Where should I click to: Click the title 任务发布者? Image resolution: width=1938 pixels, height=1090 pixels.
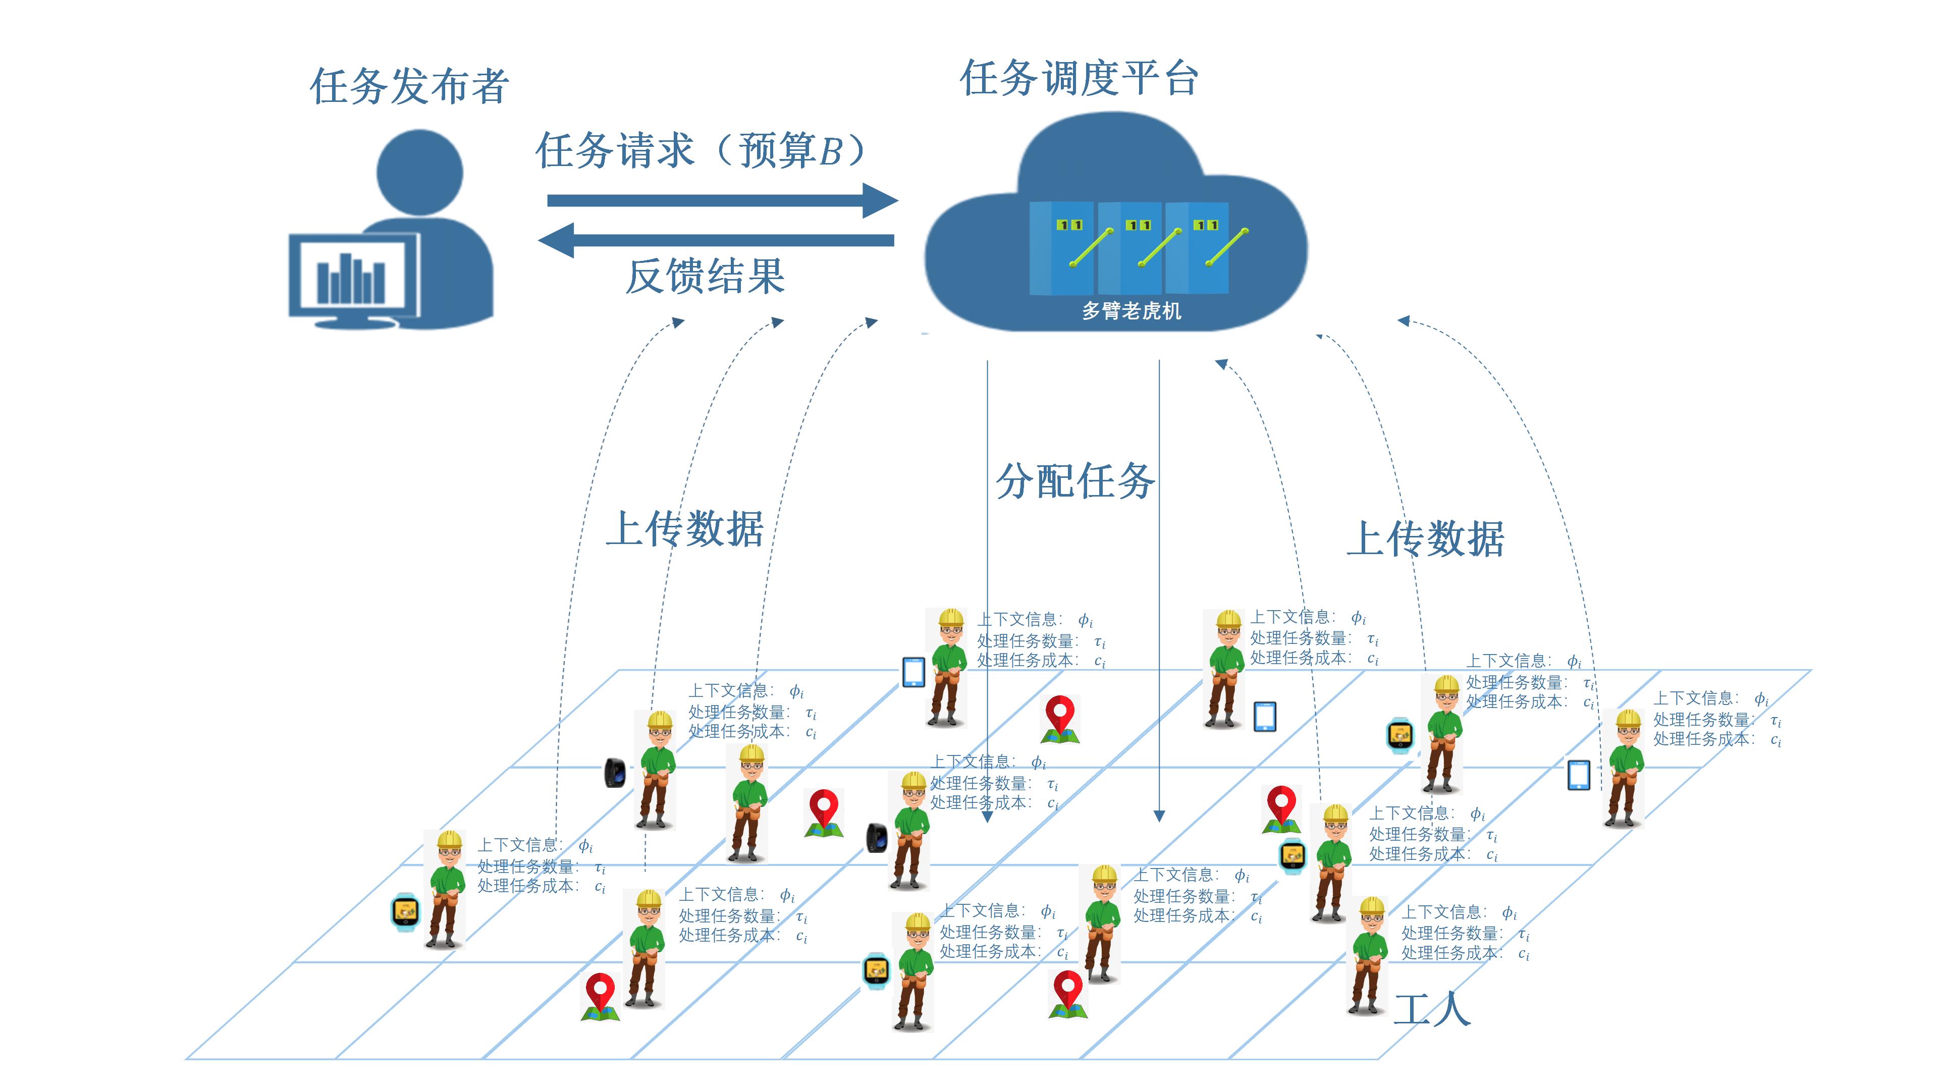tap(409, 86)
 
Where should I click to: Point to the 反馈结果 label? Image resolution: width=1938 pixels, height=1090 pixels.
tap(706, 277)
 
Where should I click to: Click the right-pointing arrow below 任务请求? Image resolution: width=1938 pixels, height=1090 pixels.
tap(722, 200)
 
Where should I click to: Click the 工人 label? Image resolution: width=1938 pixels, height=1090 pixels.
tap(1432, 1009)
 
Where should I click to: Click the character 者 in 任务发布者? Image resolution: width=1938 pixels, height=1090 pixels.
tap(490, 86)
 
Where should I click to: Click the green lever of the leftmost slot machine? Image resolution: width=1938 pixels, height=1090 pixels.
tap(1091, 247)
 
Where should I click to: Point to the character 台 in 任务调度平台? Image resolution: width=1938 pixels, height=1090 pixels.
tap(1179, 79)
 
